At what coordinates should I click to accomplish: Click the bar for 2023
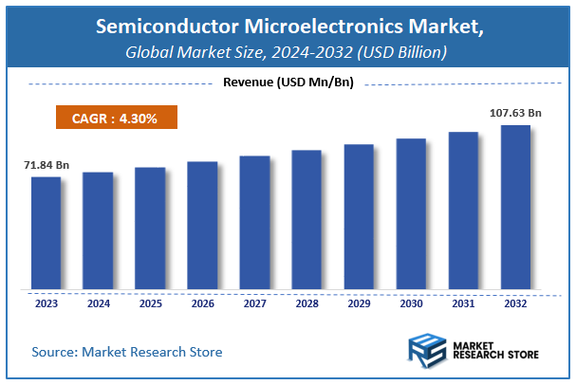46,234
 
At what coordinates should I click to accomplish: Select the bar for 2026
202,227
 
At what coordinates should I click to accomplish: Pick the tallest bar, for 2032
515,208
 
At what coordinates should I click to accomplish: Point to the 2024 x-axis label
98,304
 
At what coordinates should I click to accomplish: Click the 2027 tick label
254,304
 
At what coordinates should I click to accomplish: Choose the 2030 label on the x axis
411,304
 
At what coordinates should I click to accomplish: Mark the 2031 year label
463,304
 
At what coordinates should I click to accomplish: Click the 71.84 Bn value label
46,166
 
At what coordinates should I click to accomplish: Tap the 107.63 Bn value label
515,114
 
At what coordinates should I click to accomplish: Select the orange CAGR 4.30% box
115,119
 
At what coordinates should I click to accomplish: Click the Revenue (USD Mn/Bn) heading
288,83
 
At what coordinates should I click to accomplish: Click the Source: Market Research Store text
126,352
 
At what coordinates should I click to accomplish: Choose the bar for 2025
150,230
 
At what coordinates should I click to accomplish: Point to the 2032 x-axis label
515,304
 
